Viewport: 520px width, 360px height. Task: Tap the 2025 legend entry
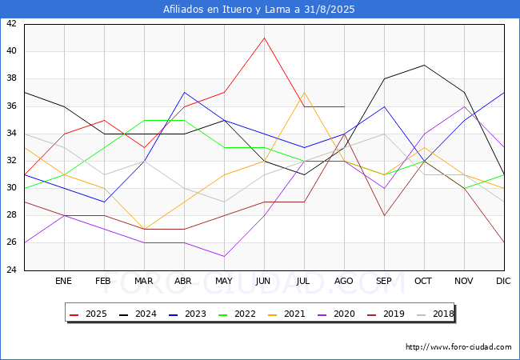click(88, 314)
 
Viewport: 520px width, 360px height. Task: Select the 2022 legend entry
click(237, 314)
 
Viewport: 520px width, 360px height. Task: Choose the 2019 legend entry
click(386, 314)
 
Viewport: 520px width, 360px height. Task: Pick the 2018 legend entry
click(435, 314)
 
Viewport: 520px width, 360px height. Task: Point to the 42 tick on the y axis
click(11, 23)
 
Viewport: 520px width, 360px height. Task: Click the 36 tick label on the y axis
click(11, 106)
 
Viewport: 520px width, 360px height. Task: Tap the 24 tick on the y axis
click(11, 270)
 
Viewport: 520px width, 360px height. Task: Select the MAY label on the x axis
click(224, 281)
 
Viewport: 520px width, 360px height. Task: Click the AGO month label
click(343, 281)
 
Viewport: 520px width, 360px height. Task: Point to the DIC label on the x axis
click(503, 281)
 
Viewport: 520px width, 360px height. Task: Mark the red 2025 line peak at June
click(264, 38)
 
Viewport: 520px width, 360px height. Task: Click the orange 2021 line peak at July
click(304, 92)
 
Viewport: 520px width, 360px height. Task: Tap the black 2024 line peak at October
click(424, 65)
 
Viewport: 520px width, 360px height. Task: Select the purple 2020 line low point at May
click(225, 256)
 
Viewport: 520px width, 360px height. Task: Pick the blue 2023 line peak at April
click(184, 92)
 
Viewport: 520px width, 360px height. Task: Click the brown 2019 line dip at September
click(384, 215)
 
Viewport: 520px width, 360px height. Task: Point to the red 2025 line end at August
click(344, 106)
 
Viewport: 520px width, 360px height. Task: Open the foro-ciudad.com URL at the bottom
click(458, 347)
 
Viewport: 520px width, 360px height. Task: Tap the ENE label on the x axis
click(63, 281)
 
